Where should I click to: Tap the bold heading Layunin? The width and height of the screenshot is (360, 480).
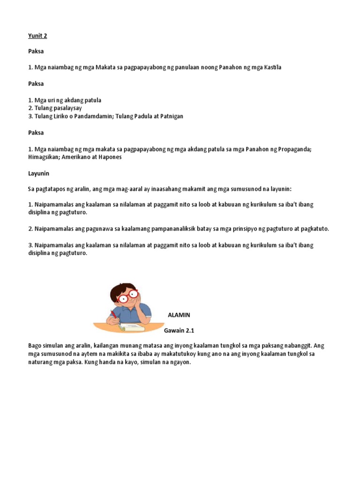coord(39,173)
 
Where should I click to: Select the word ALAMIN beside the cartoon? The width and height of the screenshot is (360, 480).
coord(179,315)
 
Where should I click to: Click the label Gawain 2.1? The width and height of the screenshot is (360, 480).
coord(179,330)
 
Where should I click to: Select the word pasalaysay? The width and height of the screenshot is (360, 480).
coord(68,108)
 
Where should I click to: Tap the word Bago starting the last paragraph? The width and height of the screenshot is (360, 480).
coord(35,345)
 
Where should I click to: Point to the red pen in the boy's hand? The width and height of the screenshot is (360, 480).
coord(114,315)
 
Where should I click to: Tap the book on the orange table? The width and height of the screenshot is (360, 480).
coord(134,327)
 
